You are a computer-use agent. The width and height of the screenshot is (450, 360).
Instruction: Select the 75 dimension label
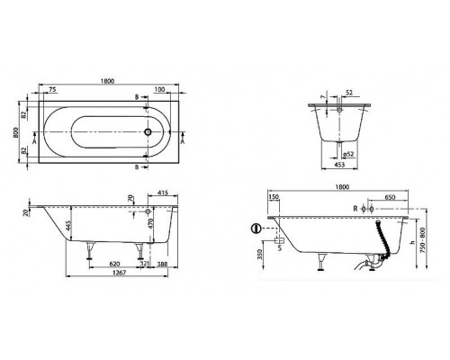pyautogui.click(x=53, y=90)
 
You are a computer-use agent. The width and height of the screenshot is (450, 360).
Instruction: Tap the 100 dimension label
pyautogui.click(x=158, y=90)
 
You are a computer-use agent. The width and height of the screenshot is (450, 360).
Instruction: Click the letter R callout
pyautogui.click(x=356, y=208)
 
